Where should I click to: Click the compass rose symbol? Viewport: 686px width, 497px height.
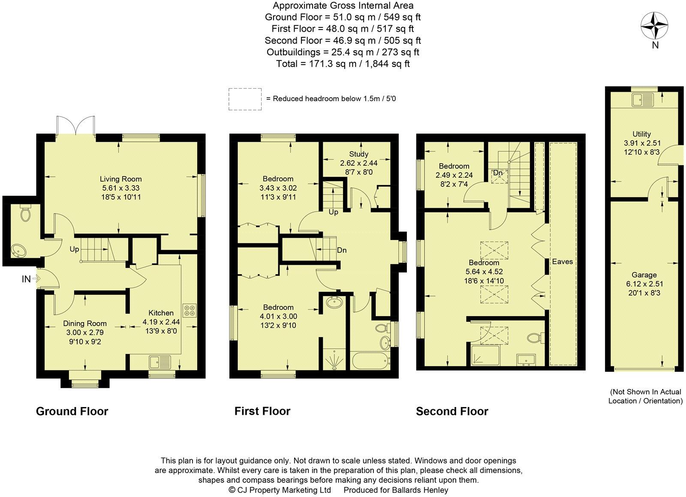655,26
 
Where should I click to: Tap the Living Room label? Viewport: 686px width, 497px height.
120,179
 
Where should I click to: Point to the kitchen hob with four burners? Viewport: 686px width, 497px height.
190,310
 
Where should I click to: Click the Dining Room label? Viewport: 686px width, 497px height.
85,323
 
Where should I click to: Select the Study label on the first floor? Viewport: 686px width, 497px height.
358,154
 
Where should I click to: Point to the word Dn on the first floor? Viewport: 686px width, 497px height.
342,250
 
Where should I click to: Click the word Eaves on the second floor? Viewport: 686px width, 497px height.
562,261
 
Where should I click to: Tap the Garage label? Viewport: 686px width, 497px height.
644,275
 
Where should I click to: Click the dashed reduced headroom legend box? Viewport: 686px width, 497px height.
245,99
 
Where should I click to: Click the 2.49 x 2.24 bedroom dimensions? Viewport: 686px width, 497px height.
454,175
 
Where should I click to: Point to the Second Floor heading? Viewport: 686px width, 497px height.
452,411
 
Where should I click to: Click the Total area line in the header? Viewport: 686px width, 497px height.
343,64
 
